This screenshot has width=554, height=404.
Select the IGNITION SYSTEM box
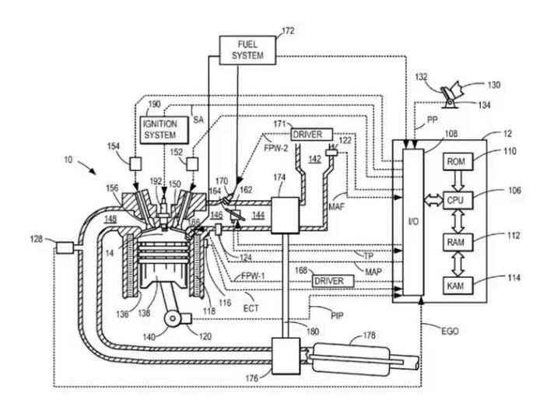click(160, 129)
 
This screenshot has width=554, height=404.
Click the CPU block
click(456, 199)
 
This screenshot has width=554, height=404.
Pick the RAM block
click(456, 243)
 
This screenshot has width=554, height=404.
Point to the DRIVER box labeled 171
click(311, 135)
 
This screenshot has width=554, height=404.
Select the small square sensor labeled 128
click(64, 248)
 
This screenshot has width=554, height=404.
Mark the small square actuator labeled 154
click(135, 163)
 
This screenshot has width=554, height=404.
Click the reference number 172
click(288, 31)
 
